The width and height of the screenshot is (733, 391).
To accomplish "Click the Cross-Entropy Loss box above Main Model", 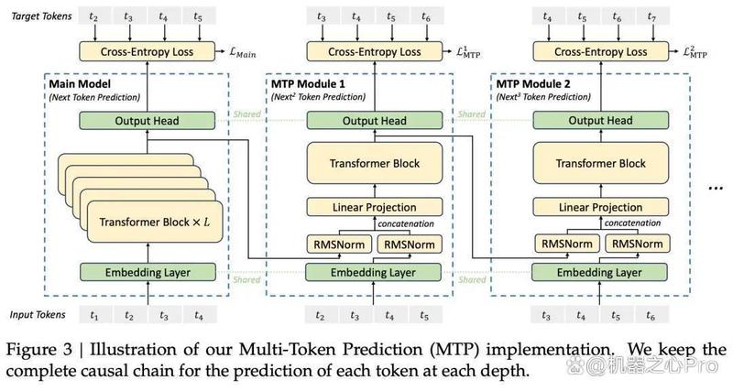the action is [x=147, y=51].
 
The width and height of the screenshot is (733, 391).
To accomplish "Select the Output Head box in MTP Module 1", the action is [x=374, y=121].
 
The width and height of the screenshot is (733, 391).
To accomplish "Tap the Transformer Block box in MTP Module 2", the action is [x=601, y=163].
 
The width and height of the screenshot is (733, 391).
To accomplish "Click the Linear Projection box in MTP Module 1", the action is [x=374, y=207].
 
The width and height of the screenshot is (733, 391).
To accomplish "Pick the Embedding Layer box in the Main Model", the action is [x=148, y=272].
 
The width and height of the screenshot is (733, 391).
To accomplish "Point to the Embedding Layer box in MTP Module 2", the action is [x=599, y=272].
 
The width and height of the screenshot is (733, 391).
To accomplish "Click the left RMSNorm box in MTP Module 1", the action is [x=339, y=244].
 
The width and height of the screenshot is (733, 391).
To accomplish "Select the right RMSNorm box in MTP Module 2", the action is [x=637, y=244].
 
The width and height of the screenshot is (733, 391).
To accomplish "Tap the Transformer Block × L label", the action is [x=155, y=222].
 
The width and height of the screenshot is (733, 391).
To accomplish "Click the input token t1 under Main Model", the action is [x=94, y=315].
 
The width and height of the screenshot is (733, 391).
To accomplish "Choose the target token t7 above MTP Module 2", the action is [x=651, y=16].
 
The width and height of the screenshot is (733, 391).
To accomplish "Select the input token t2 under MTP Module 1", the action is [x=320, y=315].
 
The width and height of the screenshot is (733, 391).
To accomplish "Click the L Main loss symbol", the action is [x=243, y=52].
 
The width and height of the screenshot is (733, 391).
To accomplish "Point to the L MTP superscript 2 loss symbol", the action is [x=695, y=51].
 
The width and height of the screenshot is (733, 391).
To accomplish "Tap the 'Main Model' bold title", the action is [x=80, y=84].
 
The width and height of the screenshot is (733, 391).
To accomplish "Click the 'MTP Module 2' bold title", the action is [x=533, y=84].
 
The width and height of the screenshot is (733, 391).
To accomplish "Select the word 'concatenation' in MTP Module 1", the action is [x=406, y=223].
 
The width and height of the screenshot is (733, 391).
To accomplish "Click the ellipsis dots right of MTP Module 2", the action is [x=716, y=189].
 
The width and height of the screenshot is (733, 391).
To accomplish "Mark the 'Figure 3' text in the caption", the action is [x=39, y=350].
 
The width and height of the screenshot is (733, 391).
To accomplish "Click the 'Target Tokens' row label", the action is [x=41, y=16].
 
